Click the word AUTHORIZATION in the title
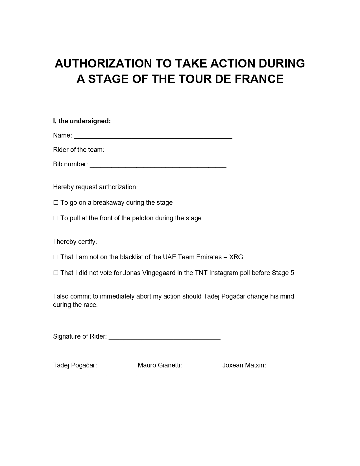(x=103, y=63)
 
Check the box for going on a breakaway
(x=56, y=203)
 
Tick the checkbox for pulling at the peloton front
(x=56, y=218)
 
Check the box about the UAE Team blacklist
(x=56, y=257)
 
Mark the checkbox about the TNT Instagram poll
(x=56, y=273)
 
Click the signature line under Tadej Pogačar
(x=89, y=376)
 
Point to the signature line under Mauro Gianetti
(x=174, y=376)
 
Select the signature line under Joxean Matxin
(x=264, y=376)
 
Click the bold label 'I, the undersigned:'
(x=82, y=121)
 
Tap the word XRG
(x=236, y=257)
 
